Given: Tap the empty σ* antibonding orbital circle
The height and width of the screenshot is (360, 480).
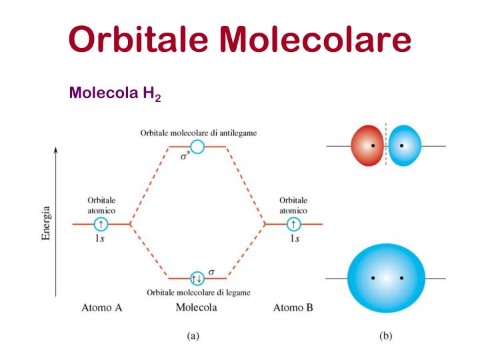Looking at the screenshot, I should [x=197, y=147].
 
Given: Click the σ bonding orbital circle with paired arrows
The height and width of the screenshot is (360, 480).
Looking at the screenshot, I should [x=197, y=278].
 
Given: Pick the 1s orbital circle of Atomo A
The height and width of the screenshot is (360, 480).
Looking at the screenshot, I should [x=100, y=225].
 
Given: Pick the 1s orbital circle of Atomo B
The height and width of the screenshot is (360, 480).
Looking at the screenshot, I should [x=293, y=225].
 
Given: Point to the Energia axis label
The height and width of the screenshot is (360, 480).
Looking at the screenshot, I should [x=47, y=224].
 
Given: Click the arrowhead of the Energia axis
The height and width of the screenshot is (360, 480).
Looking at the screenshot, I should [x=56, y=151].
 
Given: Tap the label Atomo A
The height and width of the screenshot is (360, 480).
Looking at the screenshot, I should [x=101, y=308].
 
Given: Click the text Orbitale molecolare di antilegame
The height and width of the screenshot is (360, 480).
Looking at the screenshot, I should [x=199, y=133].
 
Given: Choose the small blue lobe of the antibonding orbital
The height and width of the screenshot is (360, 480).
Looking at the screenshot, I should [x=405, y=145].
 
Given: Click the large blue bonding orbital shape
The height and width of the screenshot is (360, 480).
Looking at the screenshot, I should [x=387, y=277].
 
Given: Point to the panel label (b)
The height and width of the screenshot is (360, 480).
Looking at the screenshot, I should [x=385, y=336].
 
